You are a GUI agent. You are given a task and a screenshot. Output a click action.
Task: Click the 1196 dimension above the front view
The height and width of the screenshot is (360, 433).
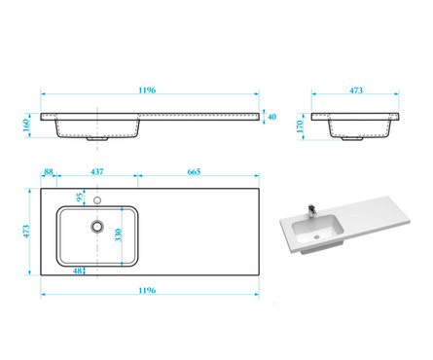pyautogui.click(x=147, y=90)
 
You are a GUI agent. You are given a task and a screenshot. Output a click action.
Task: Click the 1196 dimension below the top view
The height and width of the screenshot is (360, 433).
pyautogui.click(x=147, y=290)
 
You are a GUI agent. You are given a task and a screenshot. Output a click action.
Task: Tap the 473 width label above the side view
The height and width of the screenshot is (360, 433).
pyautogui.click(x=356, y=90)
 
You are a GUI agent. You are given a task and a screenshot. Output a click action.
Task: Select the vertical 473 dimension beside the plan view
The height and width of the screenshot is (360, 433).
pyautogui.click(x=26, y=232)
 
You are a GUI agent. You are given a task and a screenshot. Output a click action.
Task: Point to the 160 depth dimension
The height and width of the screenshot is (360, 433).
pyautogui.click(x=26, y=126)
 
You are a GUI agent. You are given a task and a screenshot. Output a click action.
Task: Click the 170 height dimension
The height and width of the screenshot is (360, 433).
pyautogui.click(x=300, y=126)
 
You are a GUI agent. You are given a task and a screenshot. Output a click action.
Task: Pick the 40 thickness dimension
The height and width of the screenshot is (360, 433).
pyautogui.click(x=271, y=117)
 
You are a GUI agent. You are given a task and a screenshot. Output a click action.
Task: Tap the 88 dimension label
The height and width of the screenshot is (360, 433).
pyautogui.click(x=49, y=171)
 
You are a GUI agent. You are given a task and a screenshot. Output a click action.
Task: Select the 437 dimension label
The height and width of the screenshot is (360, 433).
pyautogui.click(x=97, y=171)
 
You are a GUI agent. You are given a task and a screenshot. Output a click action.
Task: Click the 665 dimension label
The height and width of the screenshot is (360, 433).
pyautogui.click(x=194, y=171)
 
